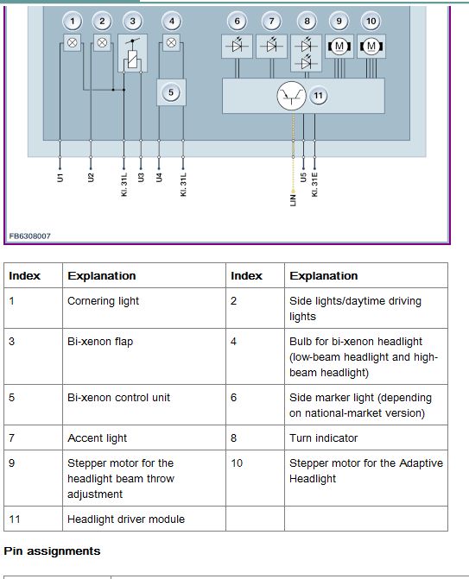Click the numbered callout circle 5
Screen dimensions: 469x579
[x=171, y=92]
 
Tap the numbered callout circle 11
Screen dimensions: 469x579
[x=318, y=96]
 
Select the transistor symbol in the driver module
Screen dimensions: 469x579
[x=292, y=96]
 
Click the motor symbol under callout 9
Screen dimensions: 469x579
[x=339, y=46]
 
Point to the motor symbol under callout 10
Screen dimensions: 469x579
[x=371, y=46]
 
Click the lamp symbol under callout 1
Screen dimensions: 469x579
[x=73, y=42]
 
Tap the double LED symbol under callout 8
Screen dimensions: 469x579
[x=307, y=53]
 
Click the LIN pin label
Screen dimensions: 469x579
[x=293, y=200]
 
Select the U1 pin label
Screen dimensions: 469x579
[x=60, y=178]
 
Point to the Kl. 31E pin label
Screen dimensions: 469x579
[x=314, y=185]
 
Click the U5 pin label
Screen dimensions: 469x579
[x=303, y=178]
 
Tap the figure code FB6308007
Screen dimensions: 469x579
[x=30, y=236]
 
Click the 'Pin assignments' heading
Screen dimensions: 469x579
[x=52, y=551]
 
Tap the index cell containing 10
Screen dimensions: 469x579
[x=255, y=478]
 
